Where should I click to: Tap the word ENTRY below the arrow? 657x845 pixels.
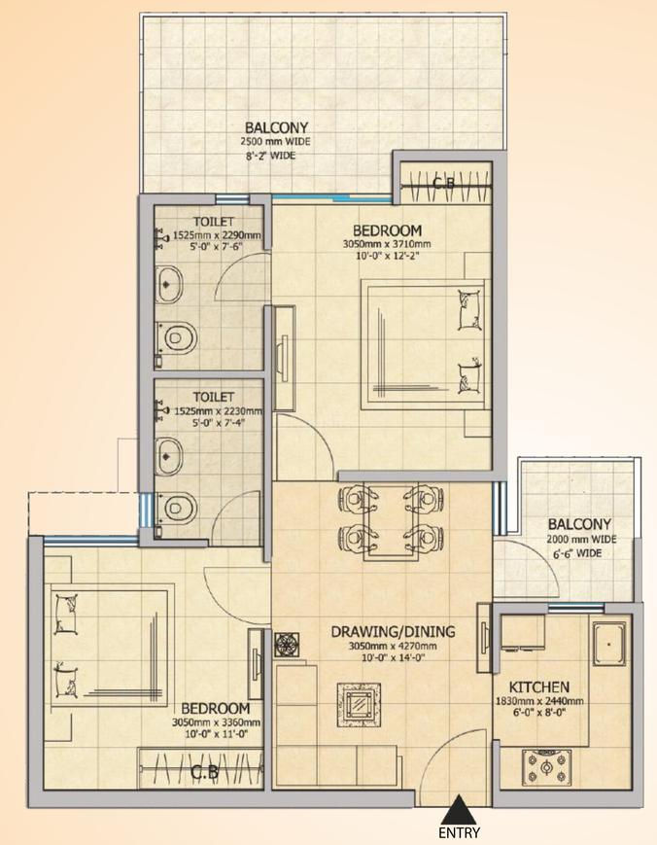tap(460, 832)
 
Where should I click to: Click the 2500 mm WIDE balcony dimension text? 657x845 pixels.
tap(276, 142)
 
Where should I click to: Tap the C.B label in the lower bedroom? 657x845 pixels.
tap(203, 774)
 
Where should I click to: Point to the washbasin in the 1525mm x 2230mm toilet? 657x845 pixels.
tap(171, 451)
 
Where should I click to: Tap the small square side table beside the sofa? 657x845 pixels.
tap(288, 644)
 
